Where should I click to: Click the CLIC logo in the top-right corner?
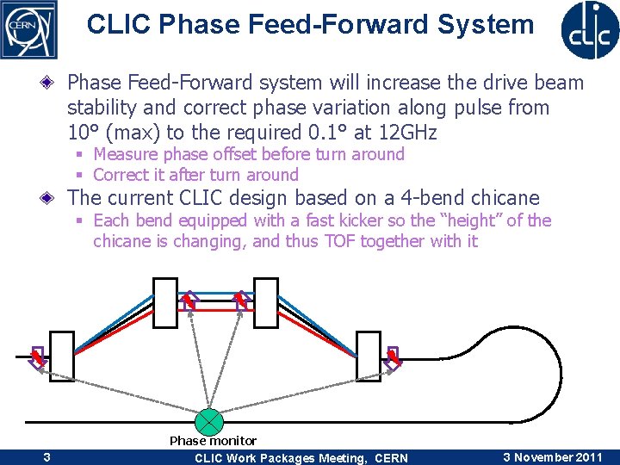(x=590, y=28)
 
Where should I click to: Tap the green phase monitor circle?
(x=209, y=422)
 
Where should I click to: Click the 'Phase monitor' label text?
(x=213, y=441)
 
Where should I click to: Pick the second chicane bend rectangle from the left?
(x=164, y=301)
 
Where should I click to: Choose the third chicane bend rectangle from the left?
(x=266, y=301)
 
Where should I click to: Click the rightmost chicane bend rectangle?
(x=369, y=354)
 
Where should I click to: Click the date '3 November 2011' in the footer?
(x=552, y=457)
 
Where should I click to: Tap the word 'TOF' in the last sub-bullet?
(x=339, y=241)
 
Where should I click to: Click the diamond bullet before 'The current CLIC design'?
(x=55, y=198)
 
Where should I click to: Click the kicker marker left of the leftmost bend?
(x=37, y=356)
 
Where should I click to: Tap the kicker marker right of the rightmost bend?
(x=393, y=356)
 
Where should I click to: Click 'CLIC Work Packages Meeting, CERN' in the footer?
(x=301, y=458)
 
